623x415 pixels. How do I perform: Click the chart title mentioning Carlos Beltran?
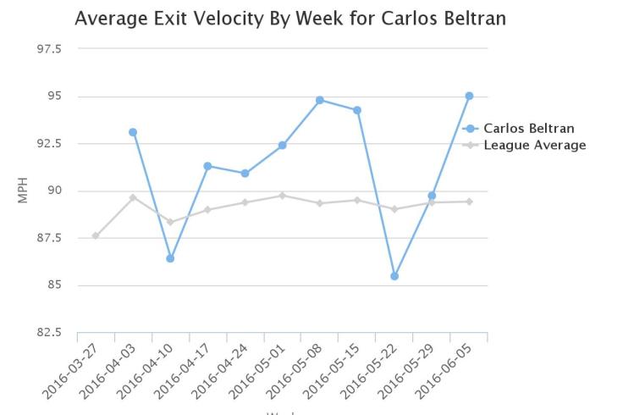290,18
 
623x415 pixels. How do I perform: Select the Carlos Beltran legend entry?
528,129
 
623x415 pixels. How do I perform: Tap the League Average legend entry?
534,145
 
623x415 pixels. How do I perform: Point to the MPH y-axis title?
23,191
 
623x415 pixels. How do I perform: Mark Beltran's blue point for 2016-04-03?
133,132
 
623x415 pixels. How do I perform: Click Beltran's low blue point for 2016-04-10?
170,258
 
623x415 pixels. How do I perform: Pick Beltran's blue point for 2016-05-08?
320,100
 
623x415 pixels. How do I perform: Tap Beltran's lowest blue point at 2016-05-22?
394,276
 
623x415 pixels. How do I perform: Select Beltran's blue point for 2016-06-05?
469,96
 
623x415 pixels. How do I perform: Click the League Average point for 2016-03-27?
96,235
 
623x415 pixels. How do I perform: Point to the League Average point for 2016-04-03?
133,197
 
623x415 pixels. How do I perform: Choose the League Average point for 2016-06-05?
469,202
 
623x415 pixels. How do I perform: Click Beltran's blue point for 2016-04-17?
207,166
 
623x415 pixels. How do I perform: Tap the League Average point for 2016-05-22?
394,209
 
